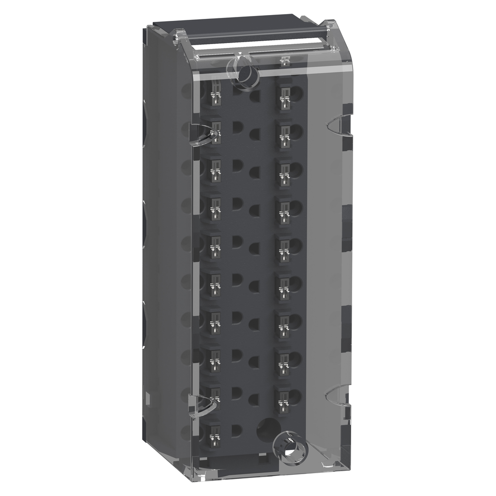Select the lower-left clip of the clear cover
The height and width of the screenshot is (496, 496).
[202, 405]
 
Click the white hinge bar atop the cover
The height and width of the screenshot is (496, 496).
[252, 46]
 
